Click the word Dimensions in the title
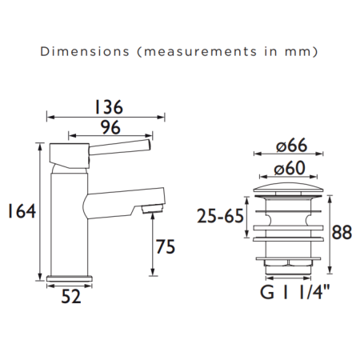click(74, 52)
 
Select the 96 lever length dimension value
click(111, 126)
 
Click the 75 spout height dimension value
click(165, 248)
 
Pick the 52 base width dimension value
click(70, 296)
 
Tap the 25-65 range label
click(220, 216)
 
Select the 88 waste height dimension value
click(342, 232)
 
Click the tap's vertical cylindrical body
click(65, 216)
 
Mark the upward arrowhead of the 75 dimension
click(152, 219)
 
